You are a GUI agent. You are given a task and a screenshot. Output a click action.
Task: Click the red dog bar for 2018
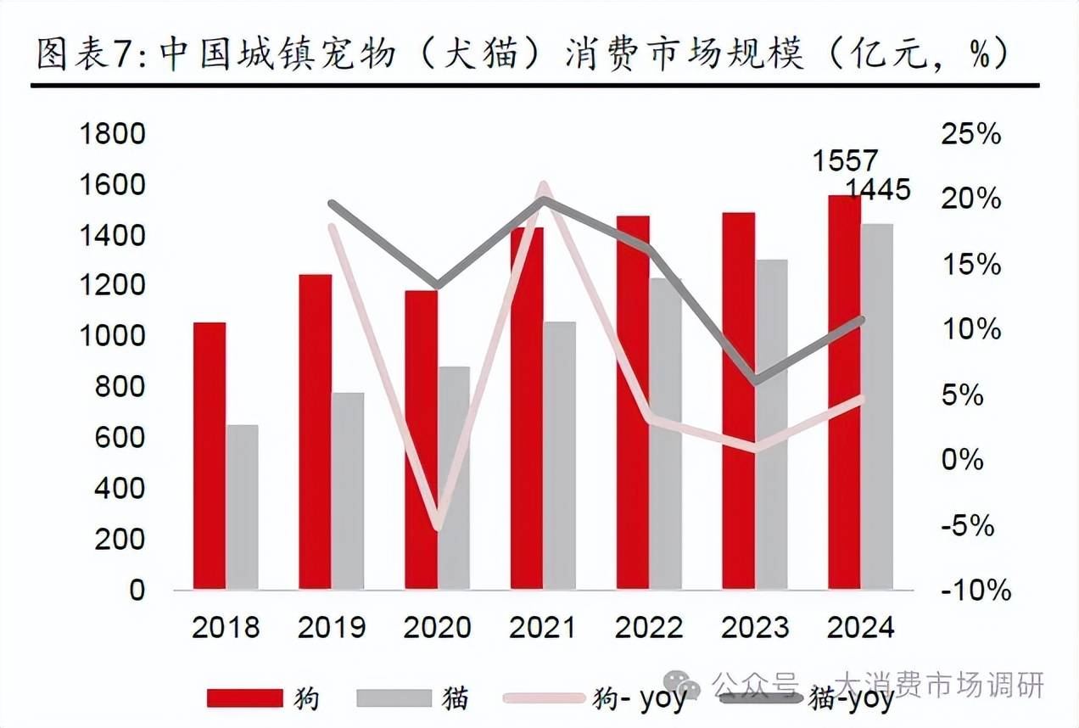210,456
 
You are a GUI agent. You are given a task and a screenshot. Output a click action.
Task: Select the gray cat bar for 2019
348,490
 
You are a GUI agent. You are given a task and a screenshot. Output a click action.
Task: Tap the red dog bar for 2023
738,400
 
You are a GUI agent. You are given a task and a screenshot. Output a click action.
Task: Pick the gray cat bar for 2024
877,406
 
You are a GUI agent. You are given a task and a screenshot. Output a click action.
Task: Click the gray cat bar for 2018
242,507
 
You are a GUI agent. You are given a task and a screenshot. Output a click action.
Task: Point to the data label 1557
845,160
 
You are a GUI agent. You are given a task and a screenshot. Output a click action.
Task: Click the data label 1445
878,189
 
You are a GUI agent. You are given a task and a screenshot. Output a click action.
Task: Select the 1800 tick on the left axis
113,134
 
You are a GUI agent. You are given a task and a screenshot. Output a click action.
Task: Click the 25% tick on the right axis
971,134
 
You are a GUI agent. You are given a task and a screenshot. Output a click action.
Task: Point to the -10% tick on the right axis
976,591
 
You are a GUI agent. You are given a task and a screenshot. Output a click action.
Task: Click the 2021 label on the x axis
543,628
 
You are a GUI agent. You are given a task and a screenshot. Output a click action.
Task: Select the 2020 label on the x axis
437,628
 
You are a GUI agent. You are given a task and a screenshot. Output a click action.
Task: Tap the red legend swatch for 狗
244,698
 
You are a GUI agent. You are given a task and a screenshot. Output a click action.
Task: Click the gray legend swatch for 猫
394,698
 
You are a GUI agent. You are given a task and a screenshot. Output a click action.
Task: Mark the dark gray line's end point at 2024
861,320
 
